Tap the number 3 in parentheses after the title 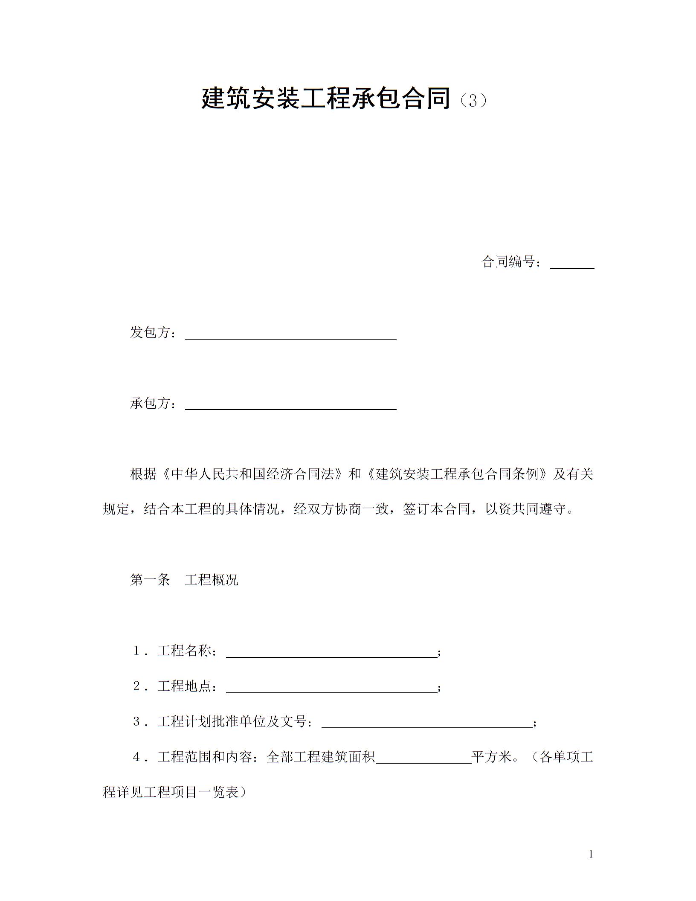click(x=473, y=101)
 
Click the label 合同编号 click(x=508, y=262)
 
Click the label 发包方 click(x=150, y=333)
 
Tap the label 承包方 click(x=150, y=404)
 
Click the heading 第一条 click(x=150, y=580)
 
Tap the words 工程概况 click(x=212, y=580)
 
